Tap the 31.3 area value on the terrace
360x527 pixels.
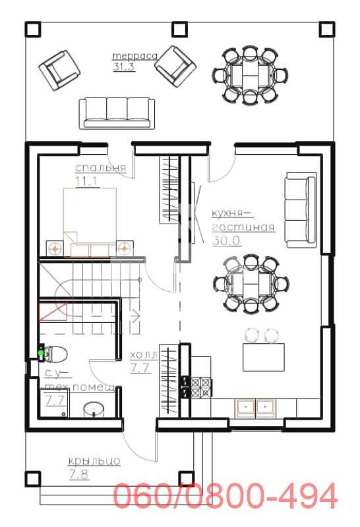(x=124, y=67)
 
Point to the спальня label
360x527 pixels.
(x=101, y=168)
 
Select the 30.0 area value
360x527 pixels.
(x=225, y=240)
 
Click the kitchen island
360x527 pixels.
(x=269, y=357)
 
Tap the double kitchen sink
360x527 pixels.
(x=256, y=406)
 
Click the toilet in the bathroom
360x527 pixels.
(x=55, y=354)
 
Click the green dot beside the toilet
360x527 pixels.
(x=41, y=353)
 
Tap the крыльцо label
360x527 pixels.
(x=94, y=460)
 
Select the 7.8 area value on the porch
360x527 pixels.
(x=78, y=473)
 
